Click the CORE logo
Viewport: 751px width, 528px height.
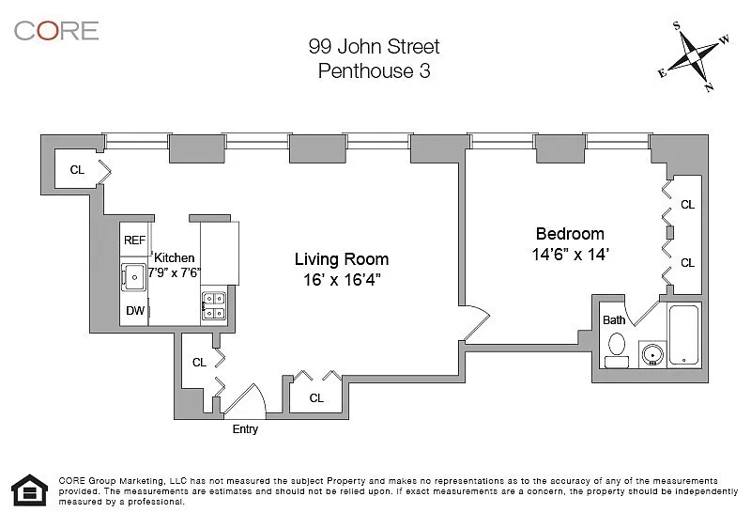click(x=56, y=31)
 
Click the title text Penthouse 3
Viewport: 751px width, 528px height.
click(x=374, y=70)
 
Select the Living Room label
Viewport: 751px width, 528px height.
click(x=342, y=259)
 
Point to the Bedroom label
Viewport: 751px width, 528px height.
click(x=570, y=234)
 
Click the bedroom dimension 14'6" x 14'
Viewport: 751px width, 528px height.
click(x=570, y=255)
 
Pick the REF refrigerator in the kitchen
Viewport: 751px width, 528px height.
click(x=134, y=240)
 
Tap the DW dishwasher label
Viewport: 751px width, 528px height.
click(x=135, y=310)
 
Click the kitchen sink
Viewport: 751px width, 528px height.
click(x=133, y=277)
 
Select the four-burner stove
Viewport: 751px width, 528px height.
click(x=214, y=306)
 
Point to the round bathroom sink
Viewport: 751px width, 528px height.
click(x=652, y=354)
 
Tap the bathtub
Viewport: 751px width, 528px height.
click(x=684, y=334)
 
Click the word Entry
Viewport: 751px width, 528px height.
click(x=245, y=429)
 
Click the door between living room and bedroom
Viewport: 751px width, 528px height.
click(x=475, y=323)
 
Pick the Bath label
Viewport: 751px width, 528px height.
click(x=614, y=320)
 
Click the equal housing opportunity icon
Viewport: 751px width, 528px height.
click(x=30, y=490)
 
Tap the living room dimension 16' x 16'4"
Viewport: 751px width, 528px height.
click(x=342, y=280)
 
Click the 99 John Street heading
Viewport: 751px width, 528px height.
click(x=374, y=46)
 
